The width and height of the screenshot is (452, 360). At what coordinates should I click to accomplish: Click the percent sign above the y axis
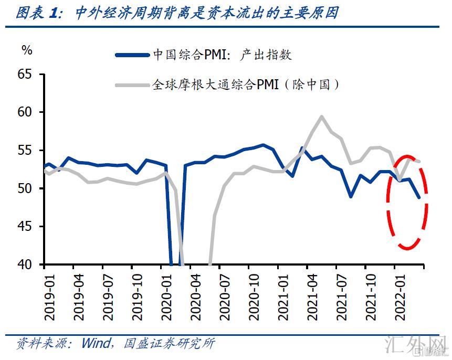[x=27, y=50]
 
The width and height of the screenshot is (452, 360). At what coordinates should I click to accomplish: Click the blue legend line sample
[x=132, y=55]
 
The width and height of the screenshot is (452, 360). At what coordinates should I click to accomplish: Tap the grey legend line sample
[x=132, y=84]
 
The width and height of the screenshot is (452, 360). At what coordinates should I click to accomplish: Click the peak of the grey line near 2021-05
[x=321, y=117]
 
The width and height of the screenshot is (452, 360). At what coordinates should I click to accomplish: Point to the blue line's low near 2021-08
[x=351, y=197]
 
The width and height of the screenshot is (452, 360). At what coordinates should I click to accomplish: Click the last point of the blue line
[x=419, y=198]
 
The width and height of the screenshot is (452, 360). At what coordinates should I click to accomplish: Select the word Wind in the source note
[x=96, y=344]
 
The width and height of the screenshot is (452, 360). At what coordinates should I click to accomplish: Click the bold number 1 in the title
[x=54, y=14]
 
